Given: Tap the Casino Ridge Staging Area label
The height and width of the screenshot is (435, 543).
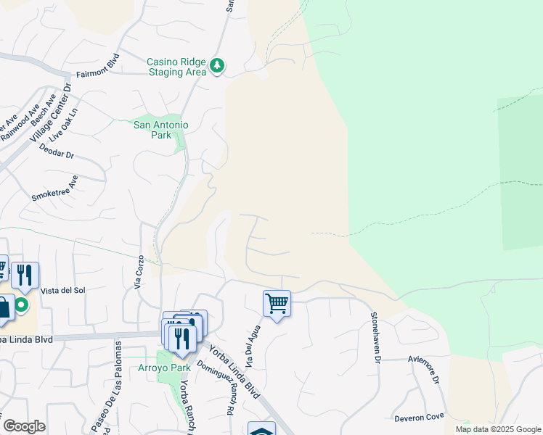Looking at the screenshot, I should click(176, 67).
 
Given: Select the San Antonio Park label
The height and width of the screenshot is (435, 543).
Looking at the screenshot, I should click(161, 130).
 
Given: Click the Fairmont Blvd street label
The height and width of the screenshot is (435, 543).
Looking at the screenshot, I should click(97, 75).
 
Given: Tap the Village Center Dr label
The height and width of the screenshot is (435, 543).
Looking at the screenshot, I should click(54, 112).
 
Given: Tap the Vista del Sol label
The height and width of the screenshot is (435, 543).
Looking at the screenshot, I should click(63, 291).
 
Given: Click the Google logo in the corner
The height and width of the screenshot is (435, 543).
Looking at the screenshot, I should click(23, 426).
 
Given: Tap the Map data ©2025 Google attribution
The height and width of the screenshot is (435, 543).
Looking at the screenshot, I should click(497, 429).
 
